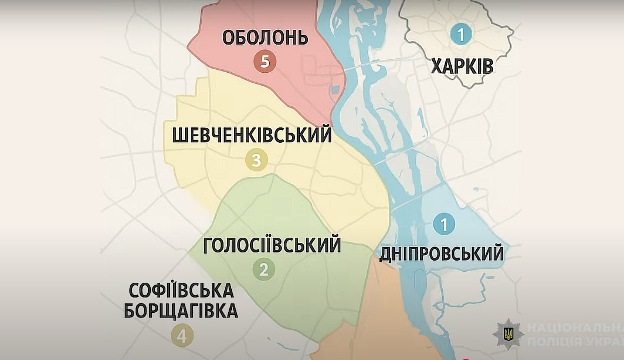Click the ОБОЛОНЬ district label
(x=265, y=38)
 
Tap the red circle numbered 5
(x=265, y=61)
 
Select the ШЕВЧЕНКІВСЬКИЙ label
(x=252, y=135)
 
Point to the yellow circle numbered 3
(x=256, y=160)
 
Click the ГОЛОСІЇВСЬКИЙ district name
(x=272, y=245)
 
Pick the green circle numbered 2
(x=264, y=269)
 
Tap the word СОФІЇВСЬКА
(x=181, y=291)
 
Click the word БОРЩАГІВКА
(x=181, y=311)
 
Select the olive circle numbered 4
(x=182, y=336)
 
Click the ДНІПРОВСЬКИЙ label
(x=442, y=254)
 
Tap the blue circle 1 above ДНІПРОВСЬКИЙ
(x=444, y=224)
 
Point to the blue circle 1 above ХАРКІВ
(x=461, y=34)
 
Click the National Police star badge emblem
(x=508, y=333)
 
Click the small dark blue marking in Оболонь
(x=335, y=90)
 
